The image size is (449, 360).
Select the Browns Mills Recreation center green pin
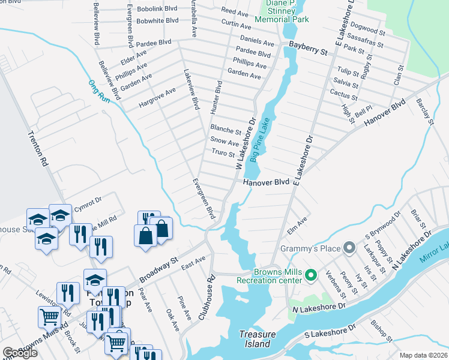310,277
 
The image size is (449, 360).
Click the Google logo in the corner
20,353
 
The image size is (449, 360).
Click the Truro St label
223,154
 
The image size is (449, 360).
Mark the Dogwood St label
368,28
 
